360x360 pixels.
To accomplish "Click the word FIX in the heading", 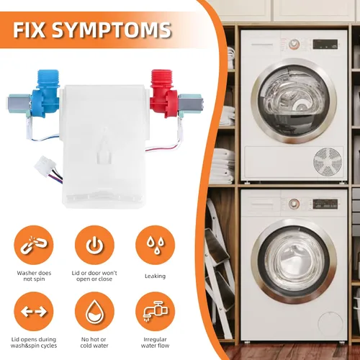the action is tap(29, 30).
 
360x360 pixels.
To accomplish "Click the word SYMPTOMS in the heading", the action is tap(112, 30).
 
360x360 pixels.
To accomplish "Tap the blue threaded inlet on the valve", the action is tap(48, 76).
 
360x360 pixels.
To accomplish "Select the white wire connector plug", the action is tap(45, 164).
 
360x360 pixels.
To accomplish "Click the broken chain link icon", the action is tap(34, 245).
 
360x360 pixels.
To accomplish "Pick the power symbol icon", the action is tap(94, 245).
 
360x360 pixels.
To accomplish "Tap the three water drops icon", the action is tap(156, 245).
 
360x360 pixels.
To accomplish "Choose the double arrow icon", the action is tap(34, 312).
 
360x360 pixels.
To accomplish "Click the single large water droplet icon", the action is tap(94, 312).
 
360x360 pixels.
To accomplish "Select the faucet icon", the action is tap(156, 312).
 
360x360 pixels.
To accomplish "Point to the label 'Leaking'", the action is tap(155, 276).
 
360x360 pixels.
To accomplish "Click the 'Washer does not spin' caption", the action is tap(34, 276).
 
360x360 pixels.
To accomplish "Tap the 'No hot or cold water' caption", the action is tap(94, 343).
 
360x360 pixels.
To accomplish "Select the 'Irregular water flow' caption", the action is tap(155, 343).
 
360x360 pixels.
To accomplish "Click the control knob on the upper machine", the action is tap(294, 44).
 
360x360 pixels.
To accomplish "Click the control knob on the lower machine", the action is tap(294, 204).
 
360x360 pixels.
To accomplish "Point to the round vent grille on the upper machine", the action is tap(328, 161).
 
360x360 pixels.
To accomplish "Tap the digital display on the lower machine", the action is tap(325, 204).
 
